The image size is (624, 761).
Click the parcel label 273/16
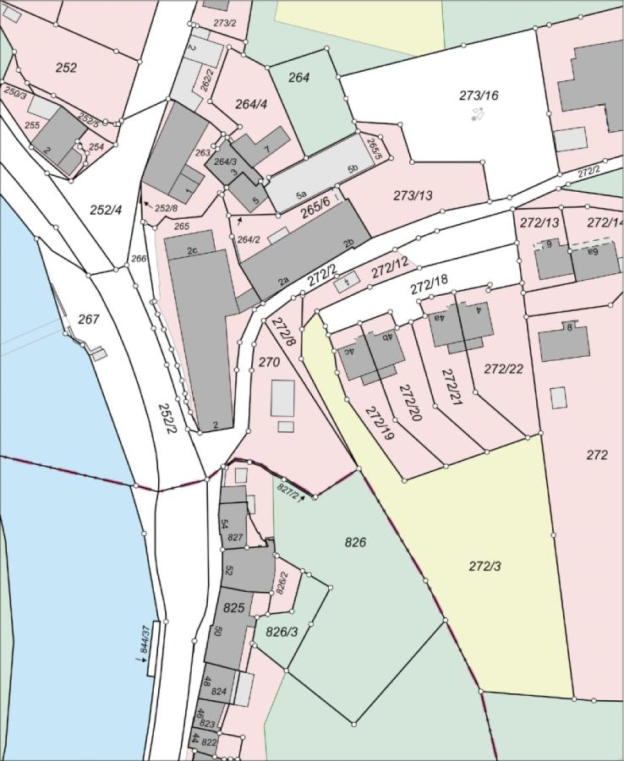click(479, 96)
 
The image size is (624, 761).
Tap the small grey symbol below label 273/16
click(477, 113)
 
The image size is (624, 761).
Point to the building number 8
click(569, 327)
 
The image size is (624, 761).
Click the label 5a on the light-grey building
click(301, 195)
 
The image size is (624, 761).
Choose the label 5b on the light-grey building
click(353, 169)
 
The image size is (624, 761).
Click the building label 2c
click(192, 250)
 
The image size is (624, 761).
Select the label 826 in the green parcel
click(356, 542)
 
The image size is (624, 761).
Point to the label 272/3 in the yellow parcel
click(484, 566)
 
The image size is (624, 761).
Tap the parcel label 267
click(88, 319)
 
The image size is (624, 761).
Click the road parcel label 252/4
click(107, 209)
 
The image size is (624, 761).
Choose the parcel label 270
click(269, 362)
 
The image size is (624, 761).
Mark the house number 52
click(228, 570)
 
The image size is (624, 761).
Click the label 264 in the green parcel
click(299, 78)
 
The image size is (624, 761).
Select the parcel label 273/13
click(413, 195)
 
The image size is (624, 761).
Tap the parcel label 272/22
click(503, 369)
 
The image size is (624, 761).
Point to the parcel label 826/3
click(282, 632)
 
